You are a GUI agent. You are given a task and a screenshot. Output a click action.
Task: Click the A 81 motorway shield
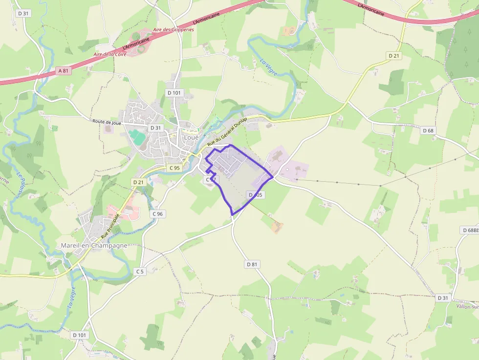coord(63,71)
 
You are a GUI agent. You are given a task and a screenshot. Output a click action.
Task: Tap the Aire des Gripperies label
coord(174,30)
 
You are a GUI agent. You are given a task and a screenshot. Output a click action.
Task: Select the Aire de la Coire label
coord(109,54)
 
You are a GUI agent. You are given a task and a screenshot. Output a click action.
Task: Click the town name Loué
coord(191,137)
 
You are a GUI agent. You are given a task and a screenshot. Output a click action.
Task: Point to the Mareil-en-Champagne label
coord(94,245)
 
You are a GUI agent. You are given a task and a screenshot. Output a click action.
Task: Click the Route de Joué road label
coord(107,122)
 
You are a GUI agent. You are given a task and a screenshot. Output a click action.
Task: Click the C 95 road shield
coord(174,168)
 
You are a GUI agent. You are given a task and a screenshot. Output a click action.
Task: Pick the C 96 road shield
coord(157,213)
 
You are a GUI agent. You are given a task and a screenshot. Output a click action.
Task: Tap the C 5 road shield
coord(140,271)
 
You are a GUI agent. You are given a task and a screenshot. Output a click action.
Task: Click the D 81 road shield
coord(252,264)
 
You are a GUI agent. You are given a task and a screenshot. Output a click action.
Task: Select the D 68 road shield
coord(428,130)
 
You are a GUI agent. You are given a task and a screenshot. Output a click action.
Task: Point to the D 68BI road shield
coord(470,230)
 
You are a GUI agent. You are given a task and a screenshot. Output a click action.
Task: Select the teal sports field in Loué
coord(138,137)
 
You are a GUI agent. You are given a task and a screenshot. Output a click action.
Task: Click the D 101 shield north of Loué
coord(174,93)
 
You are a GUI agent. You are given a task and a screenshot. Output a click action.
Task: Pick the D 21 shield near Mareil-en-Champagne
coord(138,182)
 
